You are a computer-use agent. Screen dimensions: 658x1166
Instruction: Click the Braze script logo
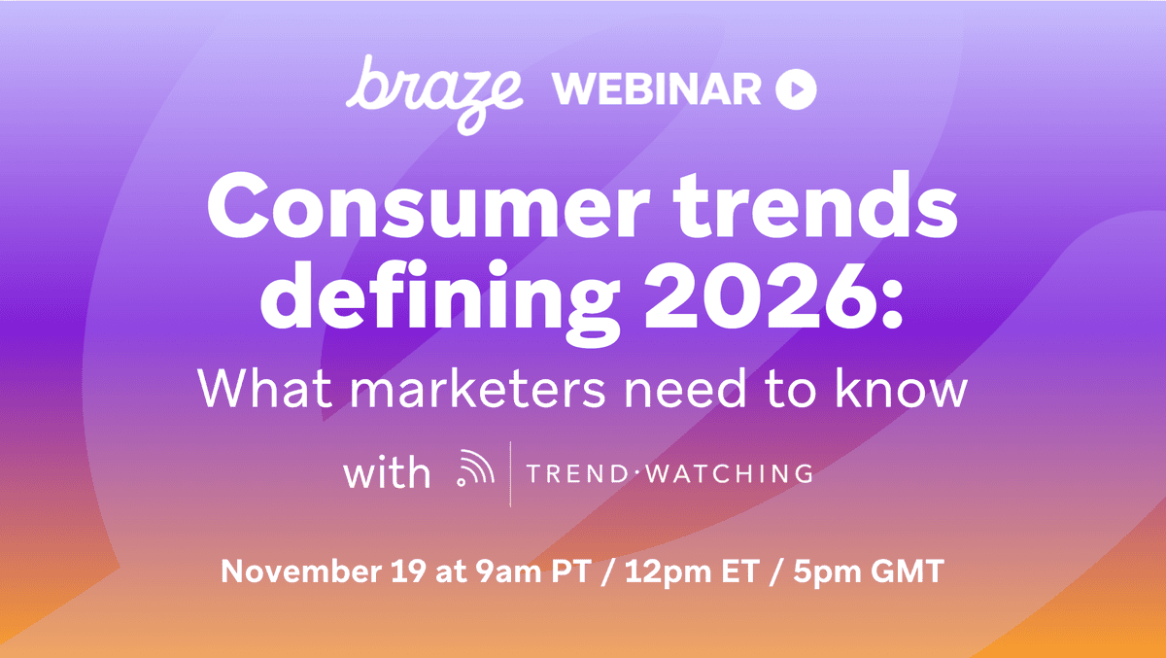coord(435,90)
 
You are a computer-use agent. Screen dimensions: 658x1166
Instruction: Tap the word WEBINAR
coord(657,90)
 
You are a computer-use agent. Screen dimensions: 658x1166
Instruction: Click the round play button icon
coord(796,90)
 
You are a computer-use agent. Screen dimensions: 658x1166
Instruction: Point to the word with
coord(386,473)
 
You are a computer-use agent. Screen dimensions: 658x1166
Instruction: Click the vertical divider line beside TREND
coord(510,474)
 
